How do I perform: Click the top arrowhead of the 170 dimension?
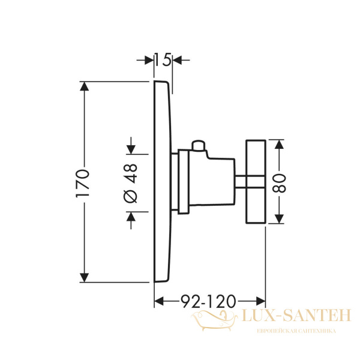coord(85,86)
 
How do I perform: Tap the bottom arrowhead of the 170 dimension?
coord(85,277)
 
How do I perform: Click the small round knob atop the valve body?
coord(199,145)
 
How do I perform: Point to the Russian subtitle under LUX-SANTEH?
coord(296,331)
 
